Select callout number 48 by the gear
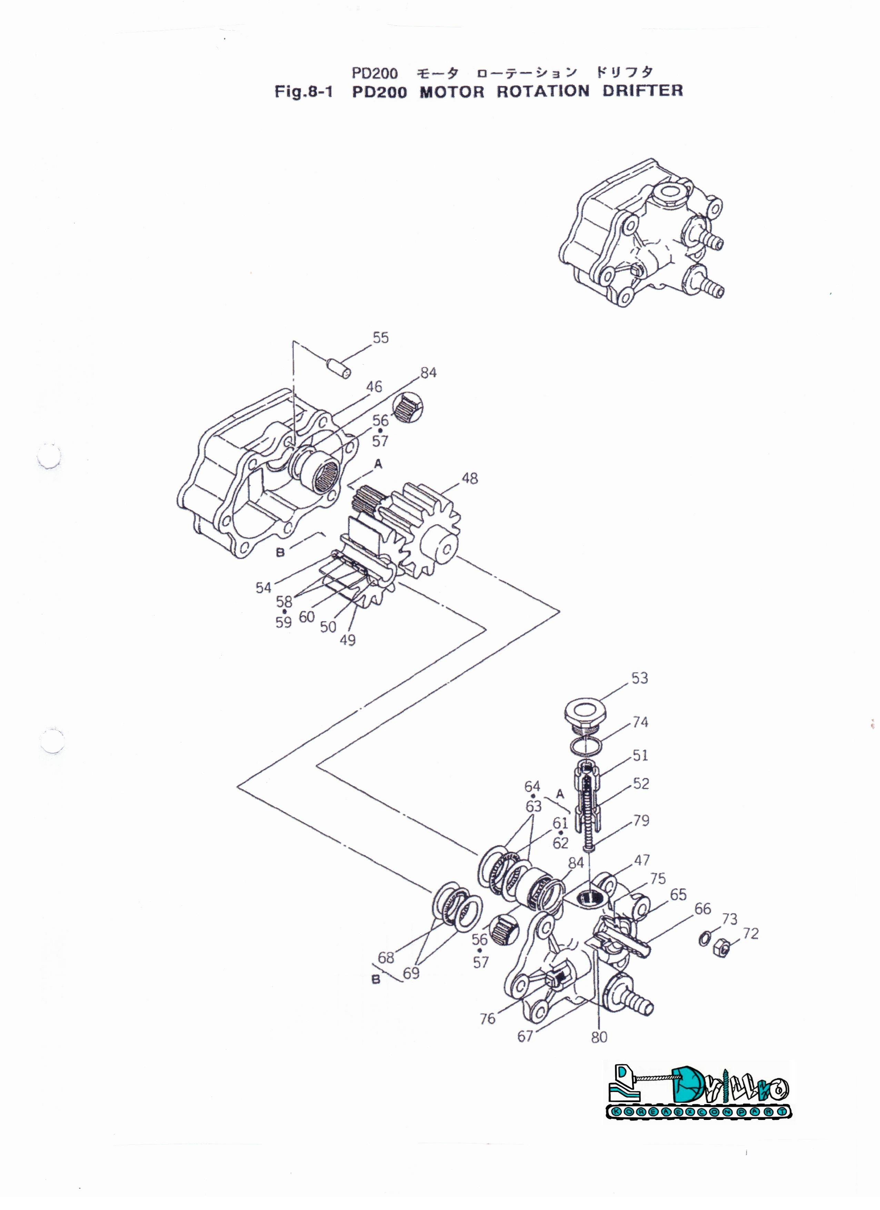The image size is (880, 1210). click(470, 478)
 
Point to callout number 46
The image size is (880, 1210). click(374, 387)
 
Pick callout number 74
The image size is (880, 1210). click(640, 722)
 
